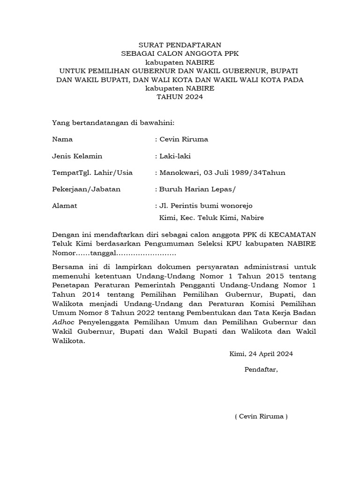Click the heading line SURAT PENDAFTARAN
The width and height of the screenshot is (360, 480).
180,45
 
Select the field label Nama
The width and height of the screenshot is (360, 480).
62,139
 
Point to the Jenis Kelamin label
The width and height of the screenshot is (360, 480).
77,156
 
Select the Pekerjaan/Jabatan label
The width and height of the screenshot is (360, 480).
86,189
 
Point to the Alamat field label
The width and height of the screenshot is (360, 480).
65,205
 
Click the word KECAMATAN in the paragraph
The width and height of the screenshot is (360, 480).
288,234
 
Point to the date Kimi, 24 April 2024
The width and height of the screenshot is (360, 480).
261,354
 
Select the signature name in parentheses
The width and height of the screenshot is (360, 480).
261,417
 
